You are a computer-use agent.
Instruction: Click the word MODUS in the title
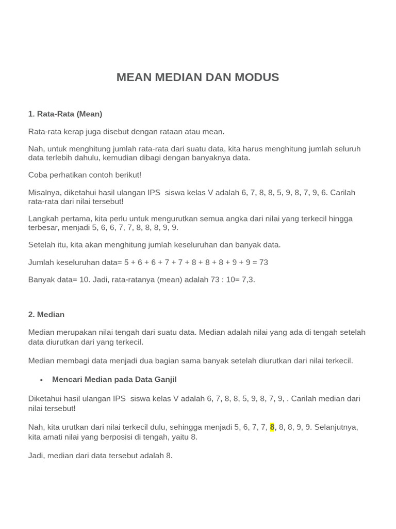coord(257,77)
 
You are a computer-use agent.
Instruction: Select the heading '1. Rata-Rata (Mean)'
coord(65,114)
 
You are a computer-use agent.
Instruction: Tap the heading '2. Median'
coord(46,314)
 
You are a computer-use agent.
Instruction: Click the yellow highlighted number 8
coord(272,427)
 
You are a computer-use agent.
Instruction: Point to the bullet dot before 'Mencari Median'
coord(41,380)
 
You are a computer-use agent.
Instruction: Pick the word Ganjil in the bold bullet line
coord(164,379)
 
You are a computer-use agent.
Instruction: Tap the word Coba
coord(38,175)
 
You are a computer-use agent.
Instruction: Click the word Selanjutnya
coord(336,427)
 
